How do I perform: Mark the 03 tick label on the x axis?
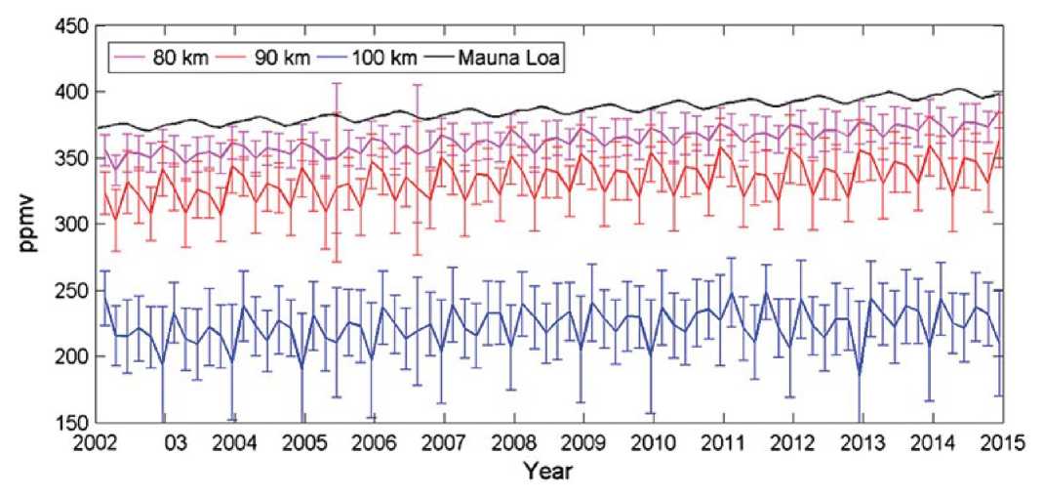point(175,441)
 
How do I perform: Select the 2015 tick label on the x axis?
point(999,441)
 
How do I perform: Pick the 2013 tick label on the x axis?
point(861,441)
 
